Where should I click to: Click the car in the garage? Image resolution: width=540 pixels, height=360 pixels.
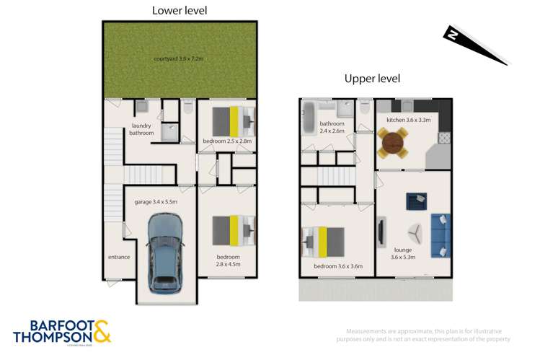(x=165, y=255)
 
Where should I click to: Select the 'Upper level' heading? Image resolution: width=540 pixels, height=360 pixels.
(x=371, y=79)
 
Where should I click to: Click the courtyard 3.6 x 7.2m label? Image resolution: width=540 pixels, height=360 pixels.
(x=180, y=58)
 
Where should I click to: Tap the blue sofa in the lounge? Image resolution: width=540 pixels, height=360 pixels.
(x=440, y=235)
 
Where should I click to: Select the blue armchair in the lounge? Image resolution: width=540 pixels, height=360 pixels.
(x=415, y=200)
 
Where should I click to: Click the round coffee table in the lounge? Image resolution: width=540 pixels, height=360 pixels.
(x=416, y=232)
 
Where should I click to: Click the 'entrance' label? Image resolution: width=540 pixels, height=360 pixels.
(x=119, y=257)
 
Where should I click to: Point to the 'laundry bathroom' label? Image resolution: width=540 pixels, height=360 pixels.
(x=141, y=129)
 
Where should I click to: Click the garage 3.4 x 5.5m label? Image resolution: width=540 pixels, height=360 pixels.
(x=156, y=202)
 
